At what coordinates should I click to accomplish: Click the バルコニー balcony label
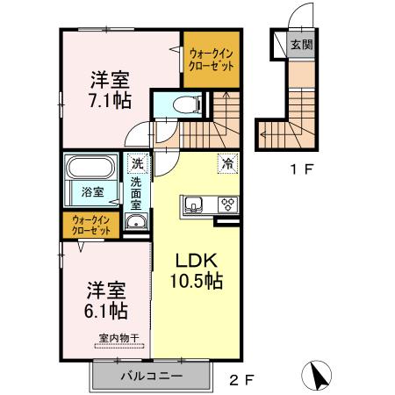click(x=150, y=377)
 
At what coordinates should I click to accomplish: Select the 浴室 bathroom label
click(x=93, y=191)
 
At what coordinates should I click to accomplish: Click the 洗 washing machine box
click(x=137, y=162)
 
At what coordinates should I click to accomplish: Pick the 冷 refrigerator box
click(x=226, y=162)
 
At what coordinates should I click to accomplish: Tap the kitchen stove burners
click(x=227, y=206)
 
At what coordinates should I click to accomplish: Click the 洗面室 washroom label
click(x=137, y=193)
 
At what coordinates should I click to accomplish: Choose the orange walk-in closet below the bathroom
click(x=92, y=225)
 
